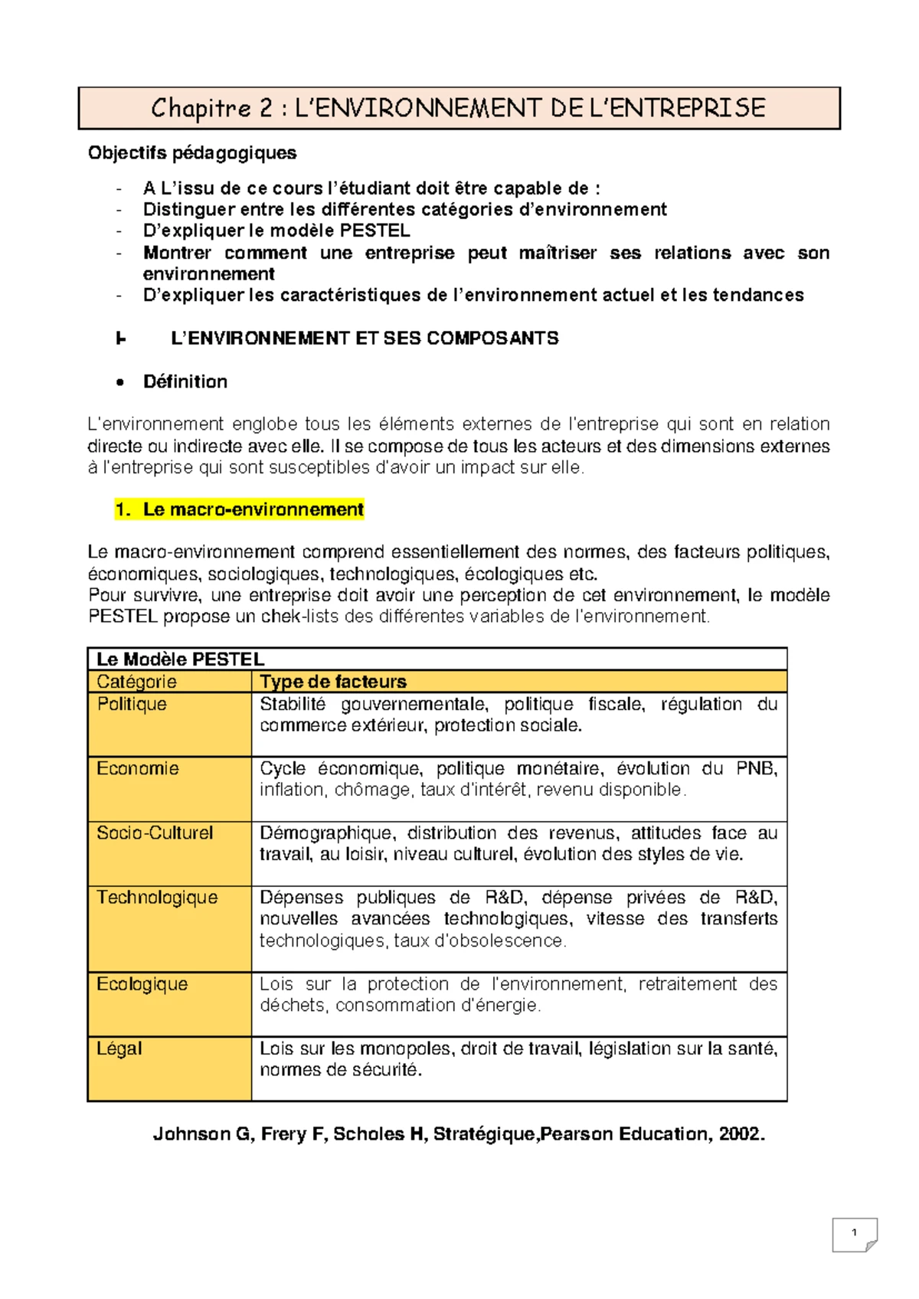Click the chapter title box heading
click(x=458, y=108)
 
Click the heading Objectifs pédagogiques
click(x=192, y=153)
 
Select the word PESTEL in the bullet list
click(x=374, y=231)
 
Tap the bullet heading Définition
click(x=185, y=381)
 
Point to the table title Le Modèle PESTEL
click(x=180, y=659)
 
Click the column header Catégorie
click(x=136, y=682)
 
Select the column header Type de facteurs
click(x=333, y=682)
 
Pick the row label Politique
click(x=132, y=704)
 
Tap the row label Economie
click(x=138, y=768)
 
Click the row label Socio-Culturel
click(x=155, y=833)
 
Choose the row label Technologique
click(x=157, y=897)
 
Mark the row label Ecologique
click(x=142, y=983)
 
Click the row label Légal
click(x=119, y=1048)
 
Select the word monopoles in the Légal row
click(x=405, y=1048)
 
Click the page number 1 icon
click(x=855, y=1233)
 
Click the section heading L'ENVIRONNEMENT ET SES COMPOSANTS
click(x=365, y=339)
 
